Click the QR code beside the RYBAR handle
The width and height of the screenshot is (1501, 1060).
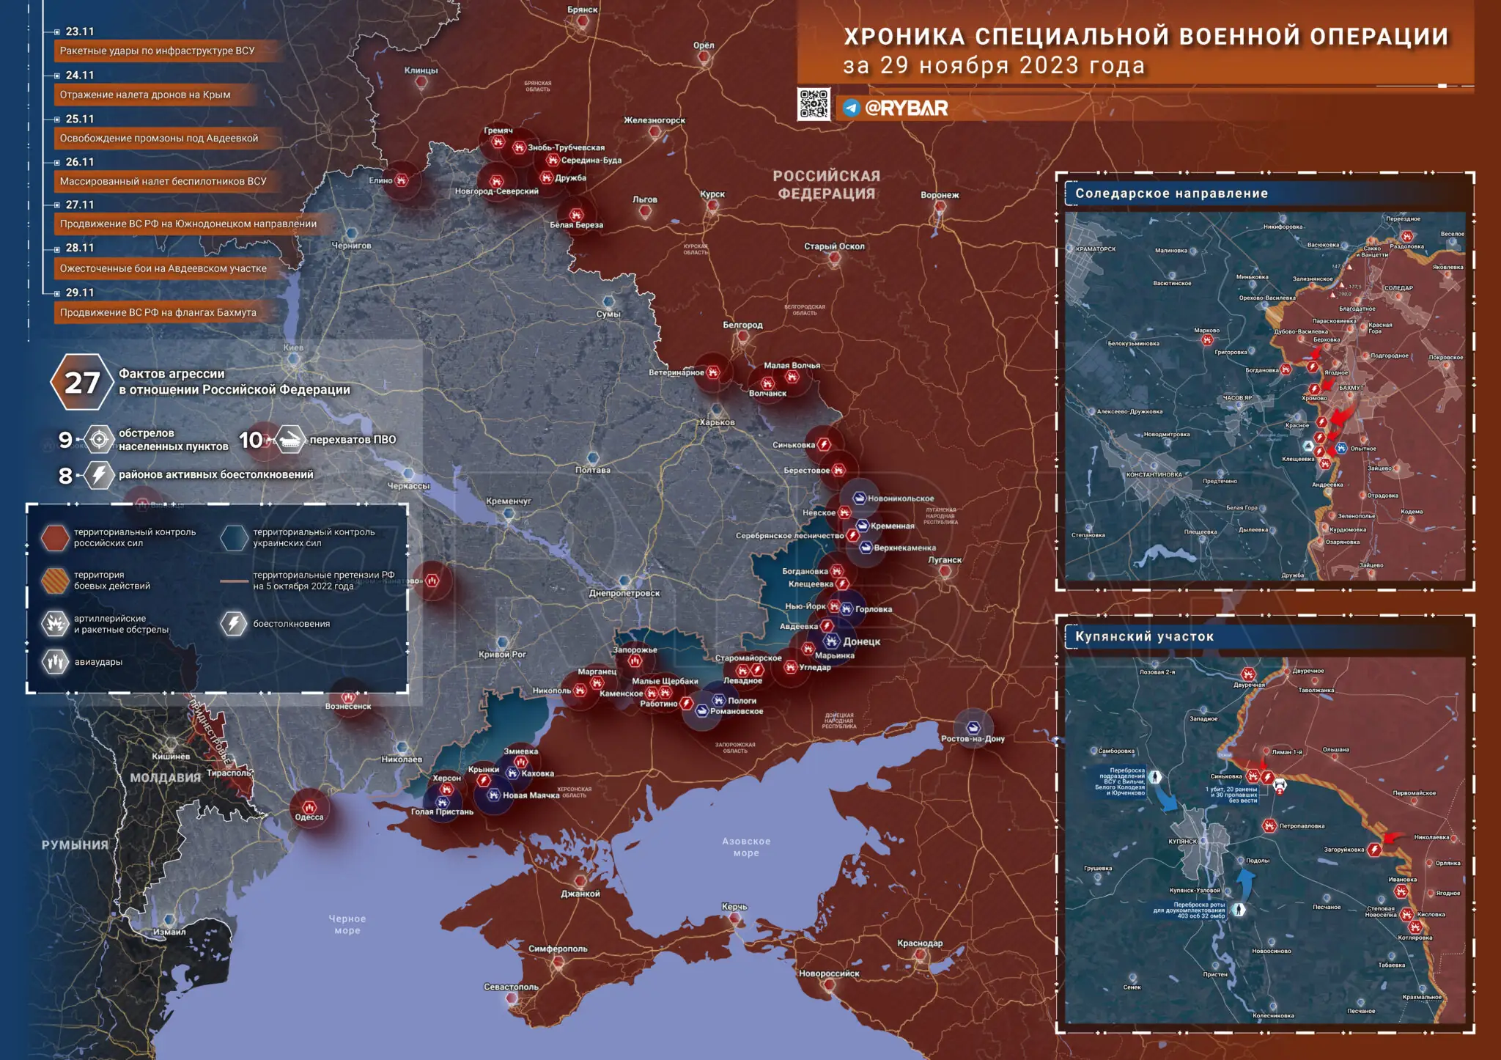click(814, 104)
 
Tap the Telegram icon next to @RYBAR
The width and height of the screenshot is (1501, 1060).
click(850, 108)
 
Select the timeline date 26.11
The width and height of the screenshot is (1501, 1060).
click(80, 162)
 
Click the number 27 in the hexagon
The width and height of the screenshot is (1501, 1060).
click(81, 383)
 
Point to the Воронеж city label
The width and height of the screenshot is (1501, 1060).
click(940, 195)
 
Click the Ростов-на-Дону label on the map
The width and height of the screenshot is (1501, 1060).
click(973, 739)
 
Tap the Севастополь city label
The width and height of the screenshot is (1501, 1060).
click(511, 987)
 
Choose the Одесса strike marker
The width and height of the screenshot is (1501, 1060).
click(309, 807)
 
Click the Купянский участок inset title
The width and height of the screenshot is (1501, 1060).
click(1144, 636)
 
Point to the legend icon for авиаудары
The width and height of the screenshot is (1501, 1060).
click(55, 662)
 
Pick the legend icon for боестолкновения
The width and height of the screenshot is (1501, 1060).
click(234, 624)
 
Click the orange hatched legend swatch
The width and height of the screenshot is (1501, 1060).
click(55, 580)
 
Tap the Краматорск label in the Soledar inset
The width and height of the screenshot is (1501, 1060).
click(1096, 249)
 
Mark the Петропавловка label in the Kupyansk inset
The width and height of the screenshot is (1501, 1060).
click(1302, 826)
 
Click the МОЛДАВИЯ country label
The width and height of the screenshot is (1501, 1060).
click(165, 778)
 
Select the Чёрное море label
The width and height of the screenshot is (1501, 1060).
click(347, 924)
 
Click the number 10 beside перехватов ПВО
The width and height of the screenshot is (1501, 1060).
click(251, 440)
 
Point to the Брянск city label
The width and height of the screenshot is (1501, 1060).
click(583, 10)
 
